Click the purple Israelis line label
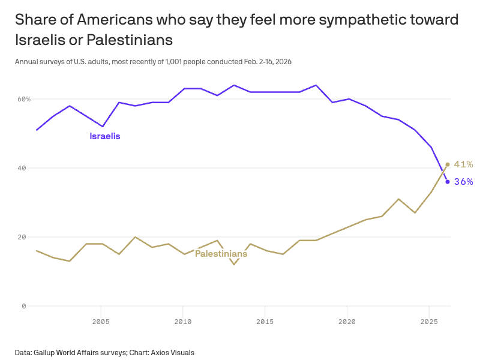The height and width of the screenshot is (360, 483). [x=105, y=136]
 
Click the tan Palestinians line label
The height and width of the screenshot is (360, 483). [x=221, y=254]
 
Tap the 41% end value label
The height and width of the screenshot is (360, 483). [x=463, y=164]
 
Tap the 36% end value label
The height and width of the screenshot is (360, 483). [x=463, y=182]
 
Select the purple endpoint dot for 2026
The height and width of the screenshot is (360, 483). [x=448, y=182]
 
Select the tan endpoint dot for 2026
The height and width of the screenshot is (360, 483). [x=448, y=164]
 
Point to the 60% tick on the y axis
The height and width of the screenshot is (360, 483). [x=23, y=99]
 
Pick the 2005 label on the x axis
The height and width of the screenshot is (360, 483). [x=101, y=321]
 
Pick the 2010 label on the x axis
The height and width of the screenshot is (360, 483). [x=183, y=321]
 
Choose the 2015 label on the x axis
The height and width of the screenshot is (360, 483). [x=265, y=321]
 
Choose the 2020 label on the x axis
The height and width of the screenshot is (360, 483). [x=347, y=321]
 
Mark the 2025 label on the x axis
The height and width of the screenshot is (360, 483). [x=429, y=321]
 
